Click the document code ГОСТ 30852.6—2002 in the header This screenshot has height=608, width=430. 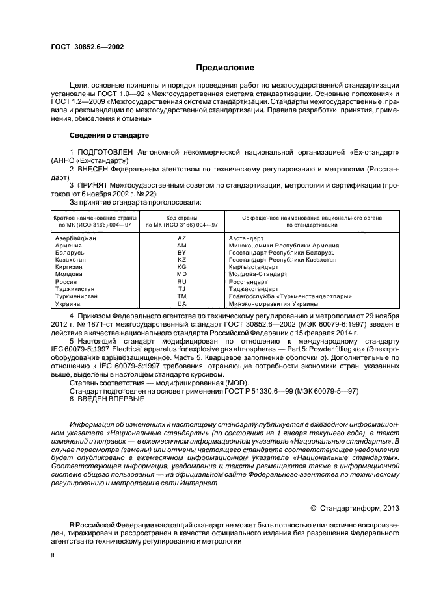[x=87, y=47]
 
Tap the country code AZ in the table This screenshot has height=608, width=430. [x=181, y=239]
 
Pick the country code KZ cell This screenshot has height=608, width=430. [x=181, y=259]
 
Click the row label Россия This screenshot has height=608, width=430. [x=66, y=283]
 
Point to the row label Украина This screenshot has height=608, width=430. [x=68, y=304]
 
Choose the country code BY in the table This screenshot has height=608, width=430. [x=181, y=252]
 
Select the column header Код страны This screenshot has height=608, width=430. [x=181, y=218]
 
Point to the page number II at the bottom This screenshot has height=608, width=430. [x=53, y=555]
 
